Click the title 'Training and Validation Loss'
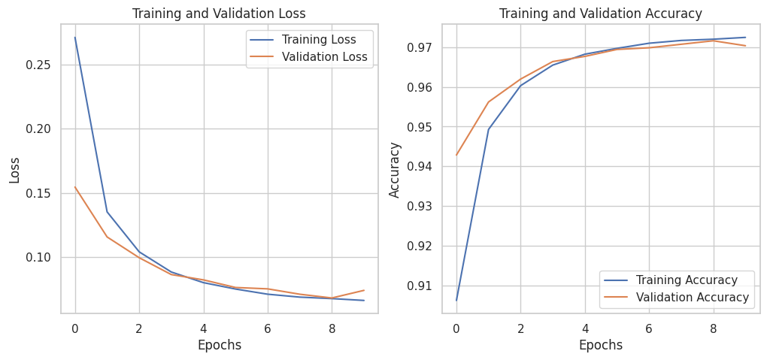[219, 14]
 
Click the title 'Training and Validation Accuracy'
[600, 14]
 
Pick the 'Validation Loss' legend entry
[324, 57]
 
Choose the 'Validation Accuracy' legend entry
[693, 298]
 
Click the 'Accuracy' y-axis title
[395, 168]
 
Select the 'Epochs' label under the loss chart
[219, 345]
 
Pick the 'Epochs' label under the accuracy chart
[600, 345]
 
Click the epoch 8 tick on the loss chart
[332, 328]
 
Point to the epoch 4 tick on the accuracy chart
[584, 328]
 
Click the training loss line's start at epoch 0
[75, 38]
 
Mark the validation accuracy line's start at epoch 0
[456, 156]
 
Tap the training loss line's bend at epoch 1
[107, 212]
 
